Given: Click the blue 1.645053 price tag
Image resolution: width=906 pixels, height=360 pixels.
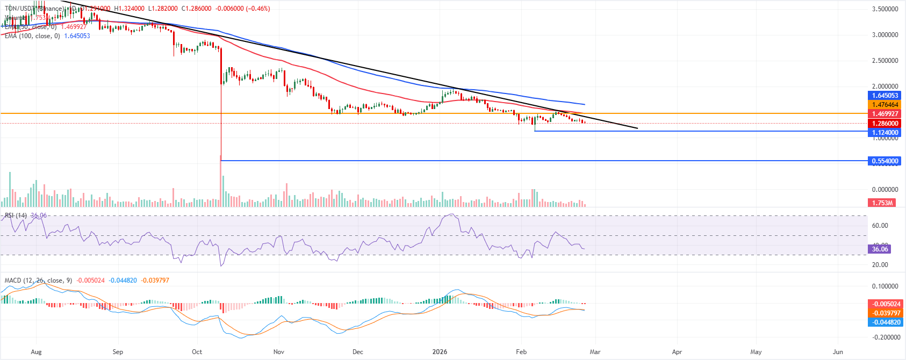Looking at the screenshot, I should (884, 96).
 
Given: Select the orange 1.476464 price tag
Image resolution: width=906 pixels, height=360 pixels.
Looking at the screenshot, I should (884, 105).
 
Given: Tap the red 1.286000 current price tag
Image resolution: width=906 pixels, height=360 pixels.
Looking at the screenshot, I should (884, 123).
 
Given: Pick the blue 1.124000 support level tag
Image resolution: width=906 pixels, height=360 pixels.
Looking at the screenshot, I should (884, 132).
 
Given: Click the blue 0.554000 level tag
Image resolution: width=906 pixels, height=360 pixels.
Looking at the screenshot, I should (884, 161).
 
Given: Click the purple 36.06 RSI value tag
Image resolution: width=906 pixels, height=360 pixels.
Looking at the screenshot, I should (880, 249).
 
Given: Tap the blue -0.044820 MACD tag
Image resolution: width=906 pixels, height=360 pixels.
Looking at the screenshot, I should (884, 322).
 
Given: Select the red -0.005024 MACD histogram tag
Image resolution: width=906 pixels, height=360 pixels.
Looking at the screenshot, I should (884, 304).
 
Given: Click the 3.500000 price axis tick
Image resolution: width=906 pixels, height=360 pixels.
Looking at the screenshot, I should (885, 9).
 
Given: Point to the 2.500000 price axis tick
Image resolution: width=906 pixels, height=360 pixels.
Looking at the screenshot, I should (885, 61).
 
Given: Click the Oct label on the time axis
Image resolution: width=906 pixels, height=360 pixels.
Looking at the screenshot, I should (197, 352).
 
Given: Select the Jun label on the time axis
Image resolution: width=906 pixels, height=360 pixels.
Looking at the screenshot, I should (838, 352).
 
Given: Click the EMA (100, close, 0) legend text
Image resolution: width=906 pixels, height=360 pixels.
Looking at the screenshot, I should (32, 36).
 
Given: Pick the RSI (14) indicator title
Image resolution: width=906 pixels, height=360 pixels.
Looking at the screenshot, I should (16, 215).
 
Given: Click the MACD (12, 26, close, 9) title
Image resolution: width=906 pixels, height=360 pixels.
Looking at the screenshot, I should (38, 280).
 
